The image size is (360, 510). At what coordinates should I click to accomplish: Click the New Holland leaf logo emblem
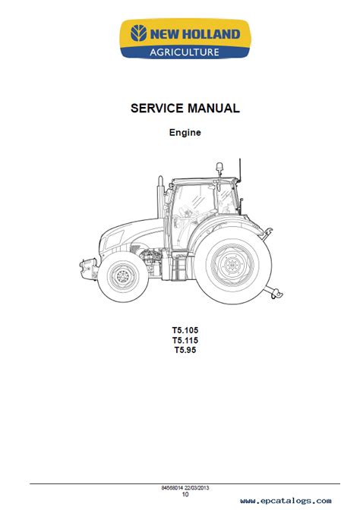(x=139, y=33)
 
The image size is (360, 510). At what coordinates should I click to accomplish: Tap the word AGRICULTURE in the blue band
(x=185, y=52)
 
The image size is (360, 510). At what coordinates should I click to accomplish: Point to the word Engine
(x=185, y=132)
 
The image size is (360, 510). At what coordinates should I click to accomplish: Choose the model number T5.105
(x=185, y=330)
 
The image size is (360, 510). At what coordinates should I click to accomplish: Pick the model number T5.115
(x=185, y=340)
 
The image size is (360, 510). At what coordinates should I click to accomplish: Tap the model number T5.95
(x=185, y=350)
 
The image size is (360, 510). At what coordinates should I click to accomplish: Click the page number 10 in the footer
(x=185, y=494)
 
